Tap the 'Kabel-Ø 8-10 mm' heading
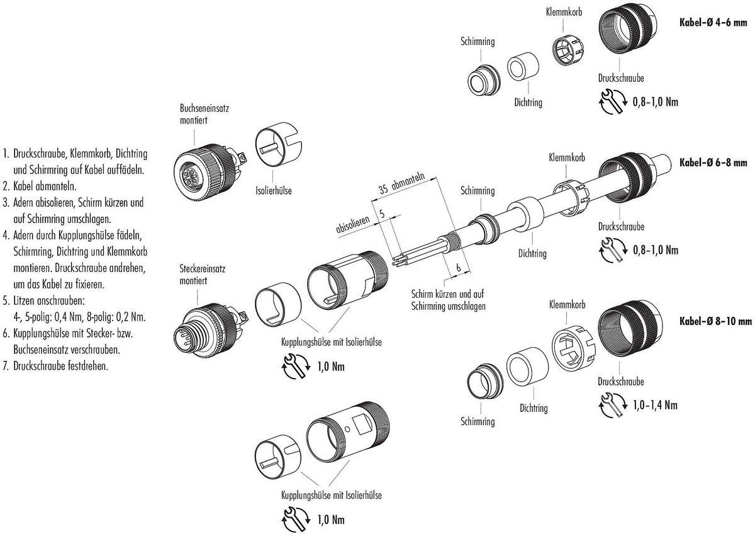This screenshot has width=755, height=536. pos(715,321)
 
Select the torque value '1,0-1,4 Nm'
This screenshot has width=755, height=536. pos(654,404)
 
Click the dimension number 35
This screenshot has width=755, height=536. pos(384,188)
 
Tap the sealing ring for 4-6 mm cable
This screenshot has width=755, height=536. pos(522,67)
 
